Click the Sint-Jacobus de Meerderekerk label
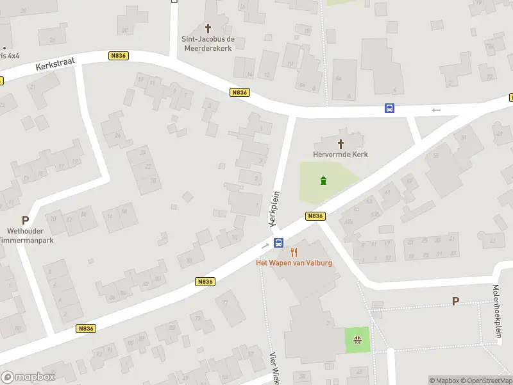(208, 43)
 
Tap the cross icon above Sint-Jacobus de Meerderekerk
(208, 28)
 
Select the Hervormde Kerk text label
(341, 154)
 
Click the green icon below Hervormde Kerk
(324, 180)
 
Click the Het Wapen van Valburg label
(294, 263)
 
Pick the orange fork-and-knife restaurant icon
(294, 252)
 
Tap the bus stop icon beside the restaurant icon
(279, 243)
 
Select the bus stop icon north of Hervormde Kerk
(389, 108)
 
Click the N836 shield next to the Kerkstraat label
(119, 56)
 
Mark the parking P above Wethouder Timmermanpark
(25, 219)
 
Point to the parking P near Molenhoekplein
(456, 300)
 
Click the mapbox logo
(28, 377)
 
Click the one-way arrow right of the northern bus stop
(436, 110)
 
